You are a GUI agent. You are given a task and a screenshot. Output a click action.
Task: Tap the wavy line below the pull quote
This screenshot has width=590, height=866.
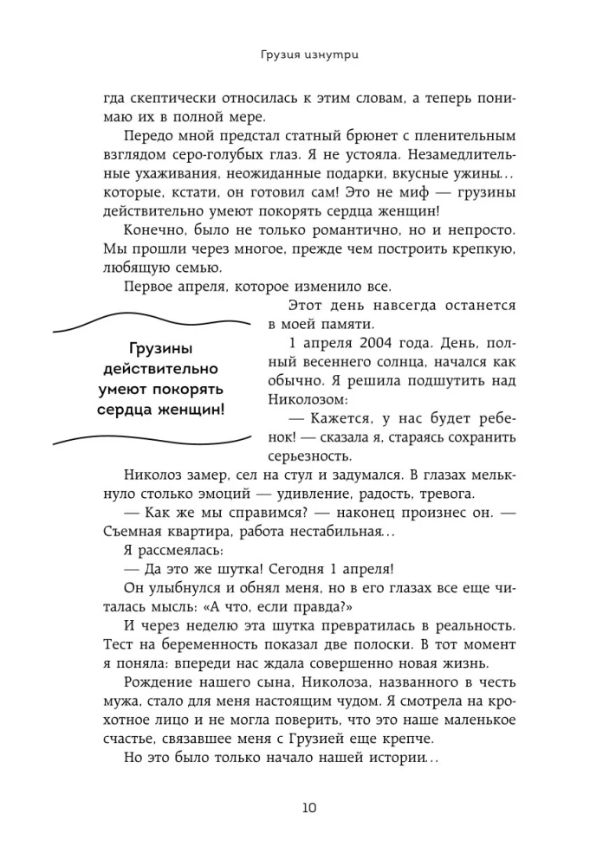click(151, 438)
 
